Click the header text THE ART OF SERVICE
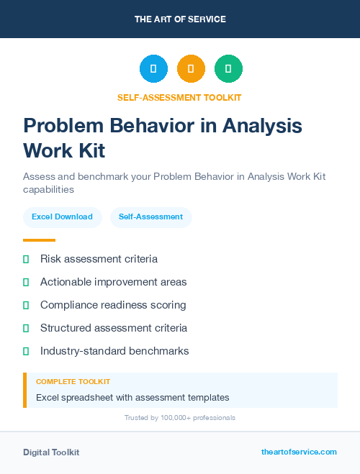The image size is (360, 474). tap(180, 19)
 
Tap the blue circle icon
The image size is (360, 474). tap(153, 68)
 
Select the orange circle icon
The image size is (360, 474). tap(191, 68)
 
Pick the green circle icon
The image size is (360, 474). tap(228, 68)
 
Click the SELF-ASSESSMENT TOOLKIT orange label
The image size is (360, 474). tap(180, 97)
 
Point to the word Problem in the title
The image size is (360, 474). tap(63, 126)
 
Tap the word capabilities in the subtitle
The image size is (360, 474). tap(48, 190)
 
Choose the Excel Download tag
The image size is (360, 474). tap(62, 217)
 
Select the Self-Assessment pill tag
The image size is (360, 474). tap(150, 217)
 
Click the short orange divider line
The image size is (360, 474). tap(39, 240)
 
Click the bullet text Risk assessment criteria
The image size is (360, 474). tap(99, 259)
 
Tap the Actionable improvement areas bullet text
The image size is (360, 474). tap(113, 282)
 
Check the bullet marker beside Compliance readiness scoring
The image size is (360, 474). tap(26, 305)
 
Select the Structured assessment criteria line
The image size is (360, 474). tap(113, 328)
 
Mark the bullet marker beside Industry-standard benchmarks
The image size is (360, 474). tap(26, 351)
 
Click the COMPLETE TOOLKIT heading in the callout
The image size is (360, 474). tap(73, 382)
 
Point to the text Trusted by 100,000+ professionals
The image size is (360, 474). tap(180, 417)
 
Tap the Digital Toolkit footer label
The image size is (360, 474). tap(51, 452)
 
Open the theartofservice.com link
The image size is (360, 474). tap(299, 452)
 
